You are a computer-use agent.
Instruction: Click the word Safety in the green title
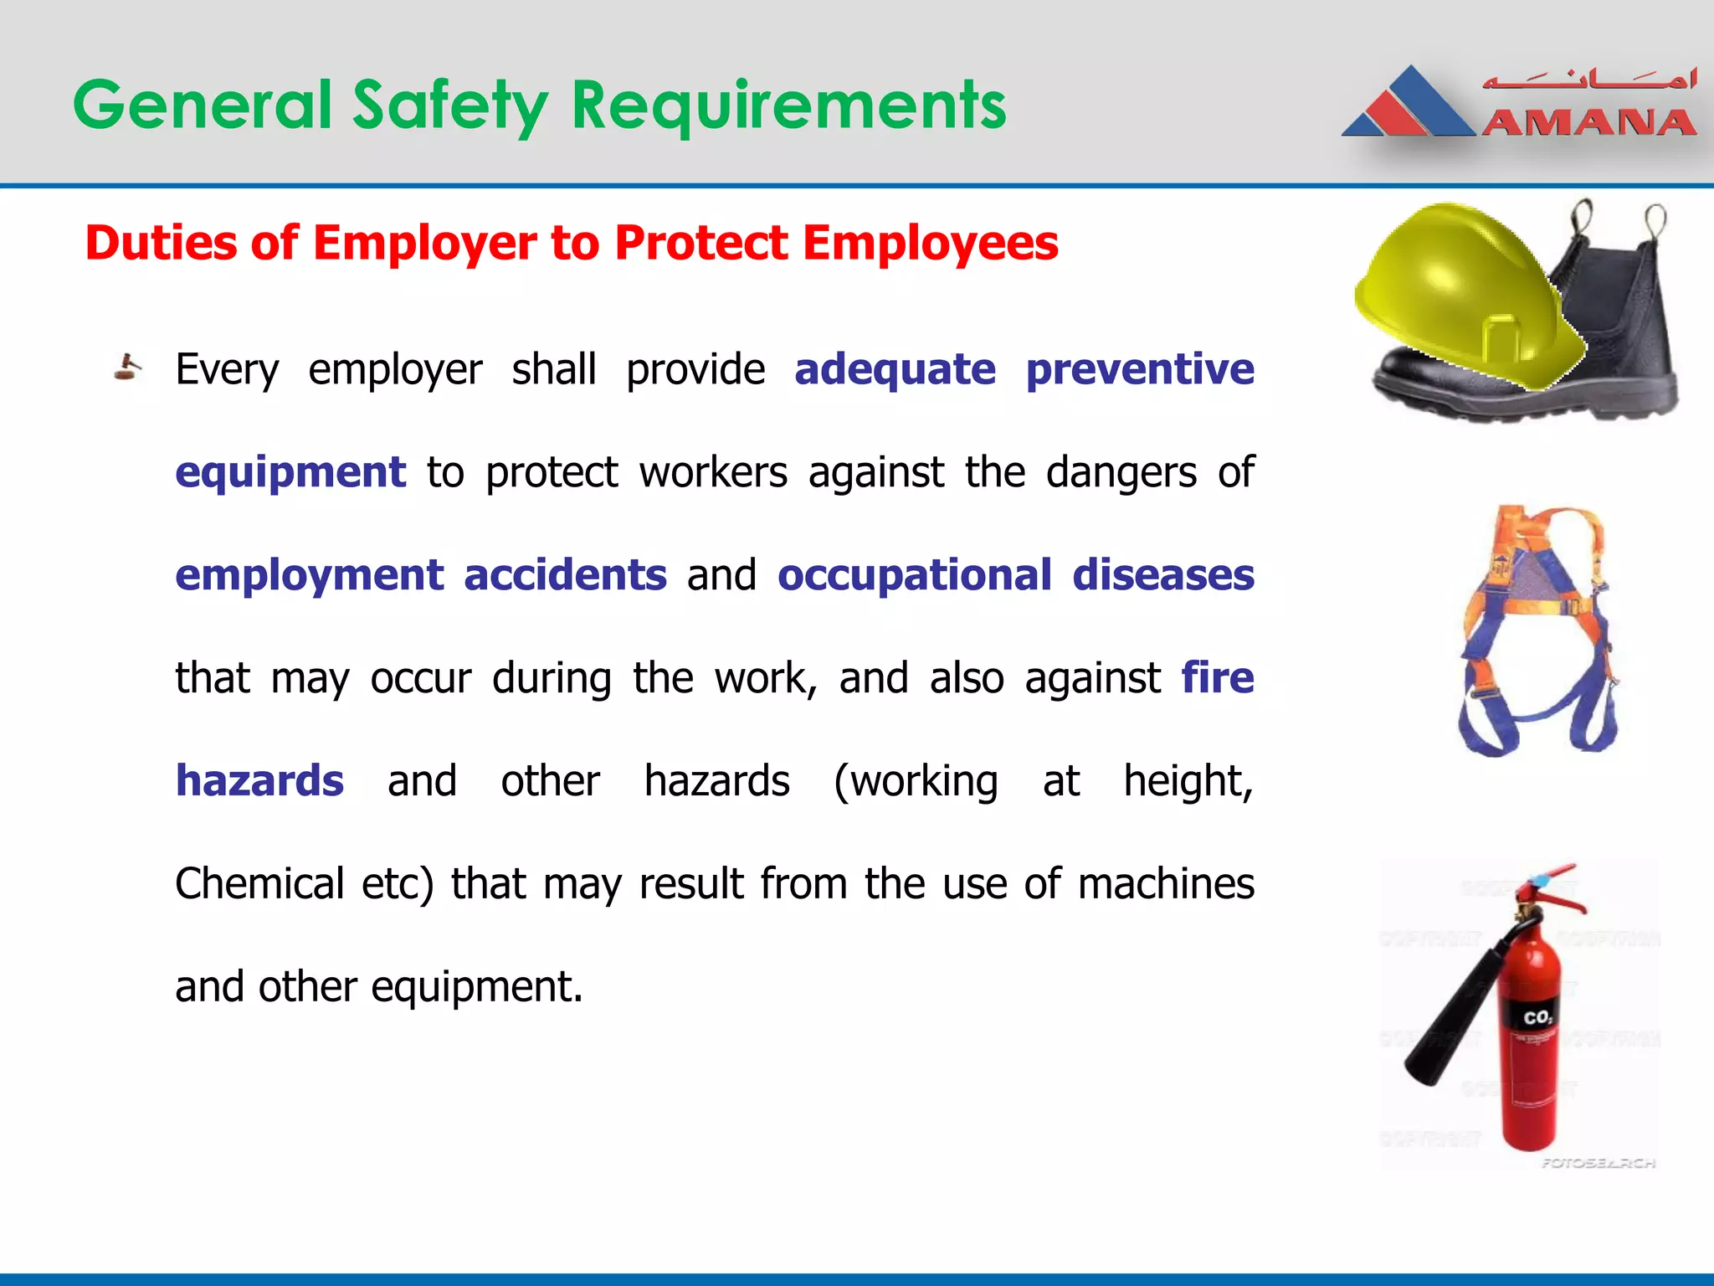click(x=450, y=105)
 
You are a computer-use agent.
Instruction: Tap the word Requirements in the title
click(x=788, y=105)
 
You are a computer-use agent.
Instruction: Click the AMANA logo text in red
click(x=1588, y=124)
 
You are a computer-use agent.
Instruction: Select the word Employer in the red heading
click(x=424, y=243)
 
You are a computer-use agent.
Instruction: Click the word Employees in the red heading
click(x=930, y=243)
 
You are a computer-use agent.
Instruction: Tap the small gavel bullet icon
click(x=127, y=368)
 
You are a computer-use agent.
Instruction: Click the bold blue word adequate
click(x=895, y=369)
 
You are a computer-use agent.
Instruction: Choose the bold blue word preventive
click(x=1140, y=369)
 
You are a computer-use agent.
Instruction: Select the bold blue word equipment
click(x=290, y=472)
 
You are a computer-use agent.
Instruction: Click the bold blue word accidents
click(x=565, y=575)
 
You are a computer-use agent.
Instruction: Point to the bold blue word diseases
click(x=1163, y=575)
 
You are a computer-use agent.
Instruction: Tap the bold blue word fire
click(x=1218, y=677)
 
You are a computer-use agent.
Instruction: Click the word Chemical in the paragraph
click(x=259, y=883)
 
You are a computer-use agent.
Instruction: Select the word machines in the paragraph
click(x=1166, y=883)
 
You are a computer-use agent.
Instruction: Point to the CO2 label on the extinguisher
click(x=1537, y=1018)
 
